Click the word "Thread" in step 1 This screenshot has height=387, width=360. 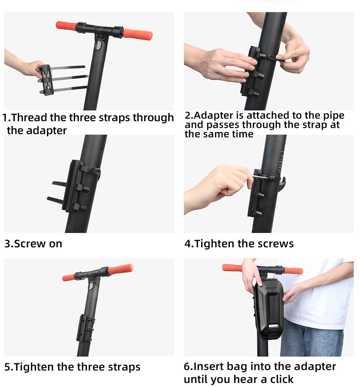click(x=29, y=117)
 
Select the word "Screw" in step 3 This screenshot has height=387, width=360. click(x=30, y=244)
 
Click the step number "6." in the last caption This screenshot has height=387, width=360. click(x=188, y=366)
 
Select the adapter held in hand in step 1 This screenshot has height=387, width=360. click(x=47, y=80)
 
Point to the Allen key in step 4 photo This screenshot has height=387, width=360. click(x=261, y=177)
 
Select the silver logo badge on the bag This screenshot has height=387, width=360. click(x=274, y=326)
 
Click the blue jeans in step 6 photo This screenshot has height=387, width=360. click(x=312, y=339)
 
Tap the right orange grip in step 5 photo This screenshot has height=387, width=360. click(x=121, y=269)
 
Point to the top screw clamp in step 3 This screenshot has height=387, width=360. click(x=90, y=170)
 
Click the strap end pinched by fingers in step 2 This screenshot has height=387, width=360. click(x=275, y=57)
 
